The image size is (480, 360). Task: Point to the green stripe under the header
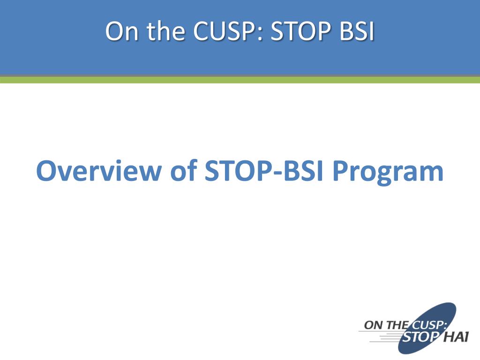(x=240, y=80)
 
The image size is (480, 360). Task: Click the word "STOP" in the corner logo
(x=420, y=337)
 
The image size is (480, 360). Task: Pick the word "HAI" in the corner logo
(x=456, y=337)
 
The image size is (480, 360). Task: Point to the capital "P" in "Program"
(x=340, y=171)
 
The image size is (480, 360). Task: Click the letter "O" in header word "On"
(x=114, y=31)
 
